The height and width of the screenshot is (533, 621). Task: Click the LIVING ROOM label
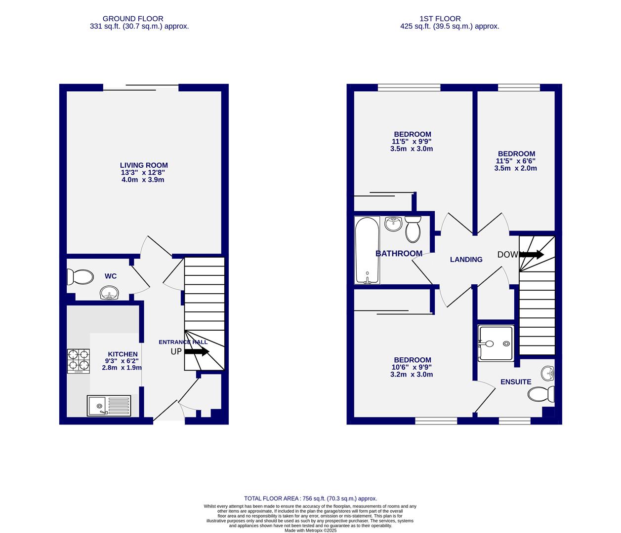coord(144,165)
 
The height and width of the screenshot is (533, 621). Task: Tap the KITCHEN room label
coord(123,354)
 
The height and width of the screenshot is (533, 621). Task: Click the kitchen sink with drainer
coord(109,406)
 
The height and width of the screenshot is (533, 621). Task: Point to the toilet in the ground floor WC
coord(81,277)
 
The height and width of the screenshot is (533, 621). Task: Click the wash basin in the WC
coord(108,294)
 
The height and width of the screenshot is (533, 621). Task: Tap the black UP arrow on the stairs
coord(197,352)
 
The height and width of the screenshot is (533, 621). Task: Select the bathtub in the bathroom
coord(367,250)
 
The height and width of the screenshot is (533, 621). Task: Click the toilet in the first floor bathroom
coord(413,228)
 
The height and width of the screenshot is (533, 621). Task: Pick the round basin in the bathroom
coord(393,224)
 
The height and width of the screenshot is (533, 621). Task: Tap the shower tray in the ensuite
coord(496,343)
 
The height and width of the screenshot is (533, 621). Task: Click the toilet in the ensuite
coord(541,394)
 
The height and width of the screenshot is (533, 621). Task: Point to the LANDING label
coord(466,260)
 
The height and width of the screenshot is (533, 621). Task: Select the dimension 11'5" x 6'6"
coord(515,161)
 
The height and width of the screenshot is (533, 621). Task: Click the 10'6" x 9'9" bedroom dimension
coord(412,367)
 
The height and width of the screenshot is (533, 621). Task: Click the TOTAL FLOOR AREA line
coord(310,498)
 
